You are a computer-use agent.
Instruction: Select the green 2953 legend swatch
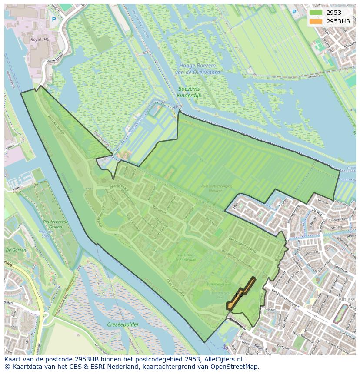click(x=316, y=13)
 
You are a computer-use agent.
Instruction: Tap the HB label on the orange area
click(x=239, y=295)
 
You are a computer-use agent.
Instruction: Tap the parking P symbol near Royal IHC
click(x=54, y=19)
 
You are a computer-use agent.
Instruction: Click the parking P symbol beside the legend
click(x=294, y=12)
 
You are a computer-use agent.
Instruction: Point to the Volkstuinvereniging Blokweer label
click(x=216, y=188)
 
